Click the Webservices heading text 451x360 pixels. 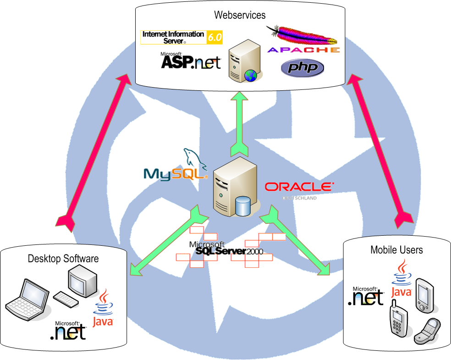coord(240,15)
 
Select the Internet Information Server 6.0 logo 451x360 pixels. coord(182,37)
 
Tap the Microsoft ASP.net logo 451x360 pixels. coord(190,61)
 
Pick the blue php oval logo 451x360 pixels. coord(302,68)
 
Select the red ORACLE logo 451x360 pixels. coord(299,187)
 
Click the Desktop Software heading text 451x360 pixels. coord(63,259)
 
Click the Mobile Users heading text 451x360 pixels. coord(396,250)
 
